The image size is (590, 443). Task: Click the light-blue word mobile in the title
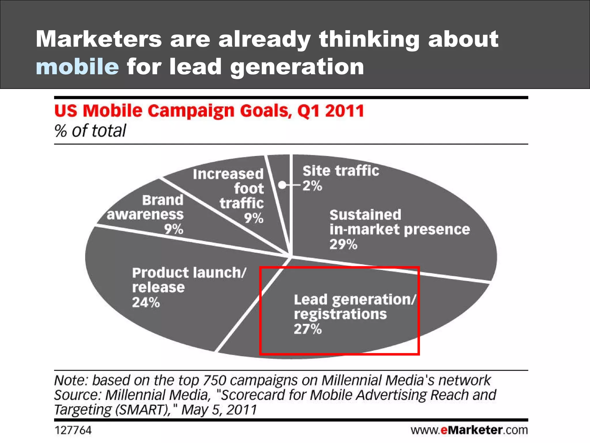(77, 67)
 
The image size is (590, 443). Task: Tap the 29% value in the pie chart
(343, 245)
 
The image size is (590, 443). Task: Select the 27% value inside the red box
(307, 329)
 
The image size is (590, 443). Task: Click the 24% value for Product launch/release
(146, 303)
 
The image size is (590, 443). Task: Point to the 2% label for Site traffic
(312, 186)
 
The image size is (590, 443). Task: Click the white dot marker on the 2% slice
(282, 185)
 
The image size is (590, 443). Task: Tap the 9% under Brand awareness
(173, 230)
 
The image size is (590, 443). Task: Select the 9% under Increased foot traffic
(254, 218)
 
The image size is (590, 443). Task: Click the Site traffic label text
(341, 171)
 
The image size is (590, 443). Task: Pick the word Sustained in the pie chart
(365, 215)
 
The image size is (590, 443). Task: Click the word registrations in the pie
(340, 314)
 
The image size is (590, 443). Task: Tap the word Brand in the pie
(162, 200)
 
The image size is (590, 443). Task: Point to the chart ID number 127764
(73, 431)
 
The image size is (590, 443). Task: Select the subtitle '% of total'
(90, 131)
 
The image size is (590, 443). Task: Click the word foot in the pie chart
(249, 189)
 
